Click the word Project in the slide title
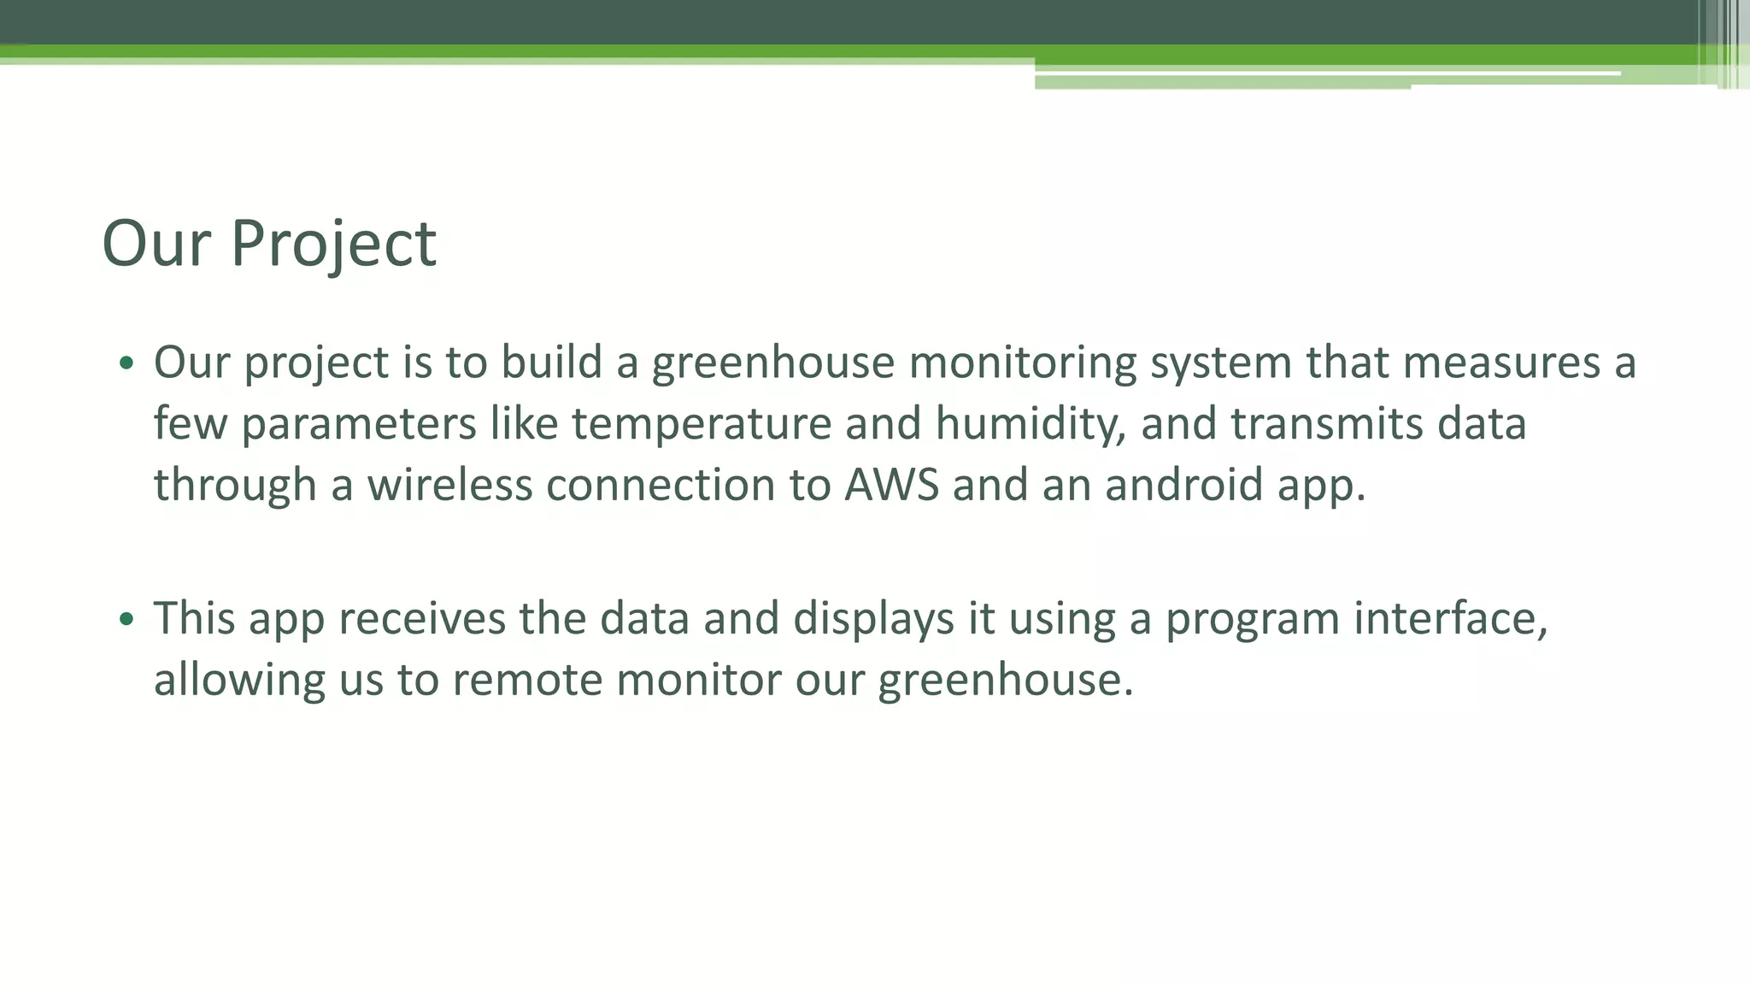point(333,245)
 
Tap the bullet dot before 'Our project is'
point(126,363)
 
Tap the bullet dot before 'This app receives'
point(126,619)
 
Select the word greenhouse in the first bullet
point(772,363)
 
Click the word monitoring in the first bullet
point(1022,363)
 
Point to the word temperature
point(701,424)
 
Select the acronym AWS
point(891,485)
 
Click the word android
point(1183,485)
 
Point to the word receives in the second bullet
point(421,619)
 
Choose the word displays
point(873,619)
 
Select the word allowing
point(239,681)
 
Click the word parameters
point(358,424)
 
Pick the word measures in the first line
point(1501,363)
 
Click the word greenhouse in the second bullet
point(1005,681)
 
